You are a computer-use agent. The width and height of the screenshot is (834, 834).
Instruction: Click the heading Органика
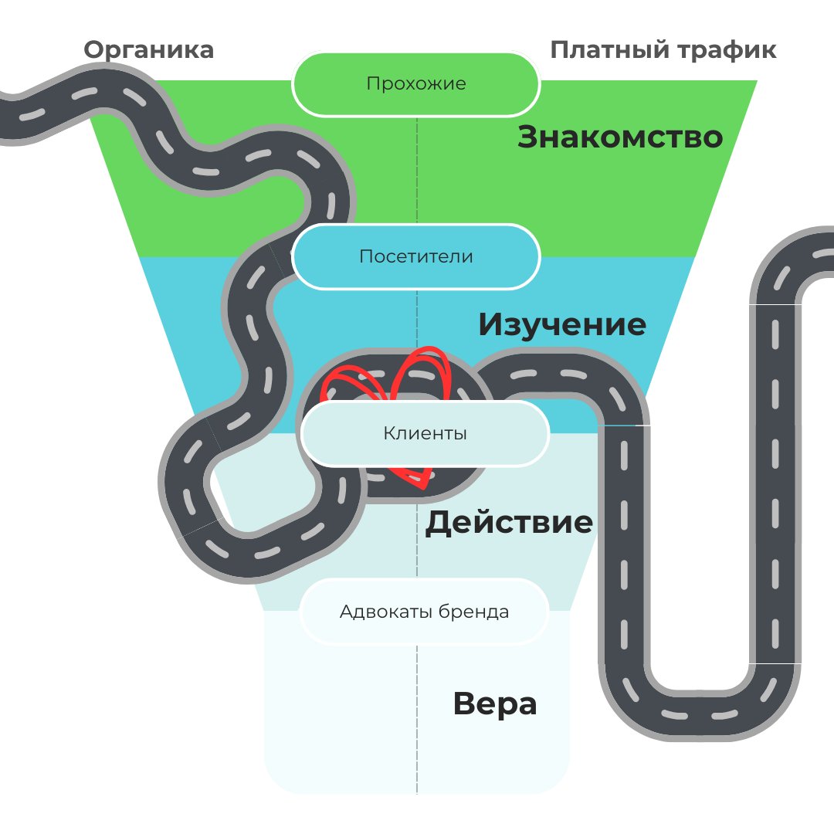click(x=148, y=50)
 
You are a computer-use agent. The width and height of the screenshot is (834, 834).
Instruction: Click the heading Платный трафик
click(x=663, y=50)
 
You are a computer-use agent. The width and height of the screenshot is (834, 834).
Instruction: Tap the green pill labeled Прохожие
click(x=416, y=84)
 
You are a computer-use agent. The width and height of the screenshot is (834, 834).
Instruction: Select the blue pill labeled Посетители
click(x=416, y=256)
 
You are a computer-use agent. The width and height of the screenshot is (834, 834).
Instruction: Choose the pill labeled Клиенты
click(x=425, y=434)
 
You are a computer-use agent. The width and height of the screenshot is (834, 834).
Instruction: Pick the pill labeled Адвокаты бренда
click(x=424, y=612)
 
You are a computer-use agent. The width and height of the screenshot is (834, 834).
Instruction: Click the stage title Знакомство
click(x=619, y=137)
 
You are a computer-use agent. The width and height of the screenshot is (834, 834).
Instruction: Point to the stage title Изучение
click(x=561, y=324)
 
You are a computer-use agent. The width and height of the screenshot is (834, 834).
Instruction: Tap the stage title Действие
click(x=509, y=523)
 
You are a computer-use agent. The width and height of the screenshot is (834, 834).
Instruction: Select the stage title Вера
click(x=494, y=704)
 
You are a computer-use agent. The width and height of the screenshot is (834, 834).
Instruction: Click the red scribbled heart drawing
click(x=417, y=371)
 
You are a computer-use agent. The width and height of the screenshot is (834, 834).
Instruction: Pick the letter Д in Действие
click(x=438, y=524)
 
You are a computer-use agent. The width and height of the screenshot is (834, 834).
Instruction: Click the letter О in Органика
click(x=93, y=50)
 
